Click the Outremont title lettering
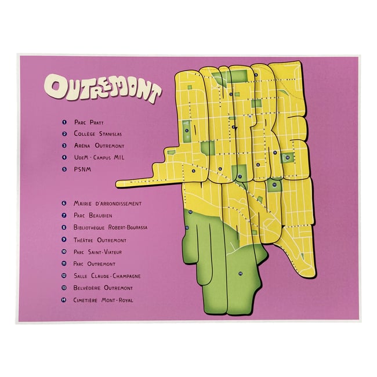tap(103, 88)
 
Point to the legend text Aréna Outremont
tap(99, 146)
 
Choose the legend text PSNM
tap(82, 169)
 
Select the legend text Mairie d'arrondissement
tap(107, 204)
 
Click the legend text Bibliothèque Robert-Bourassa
tap(110, 227)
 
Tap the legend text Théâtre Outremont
tap(100, 240)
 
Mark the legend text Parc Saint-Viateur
tap(97, 252)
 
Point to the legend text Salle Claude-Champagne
tap(107, 276)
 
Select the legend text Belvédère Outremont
tap(103, 288)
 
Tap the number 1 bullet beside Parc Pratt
tap(64, 122)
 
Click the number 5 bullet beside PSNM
tap(64, 169)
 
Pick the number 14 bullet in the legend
tap(64, 300)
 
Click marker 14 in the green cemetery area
tap(240, 273)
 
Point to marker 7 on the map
tap(239, 176)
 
